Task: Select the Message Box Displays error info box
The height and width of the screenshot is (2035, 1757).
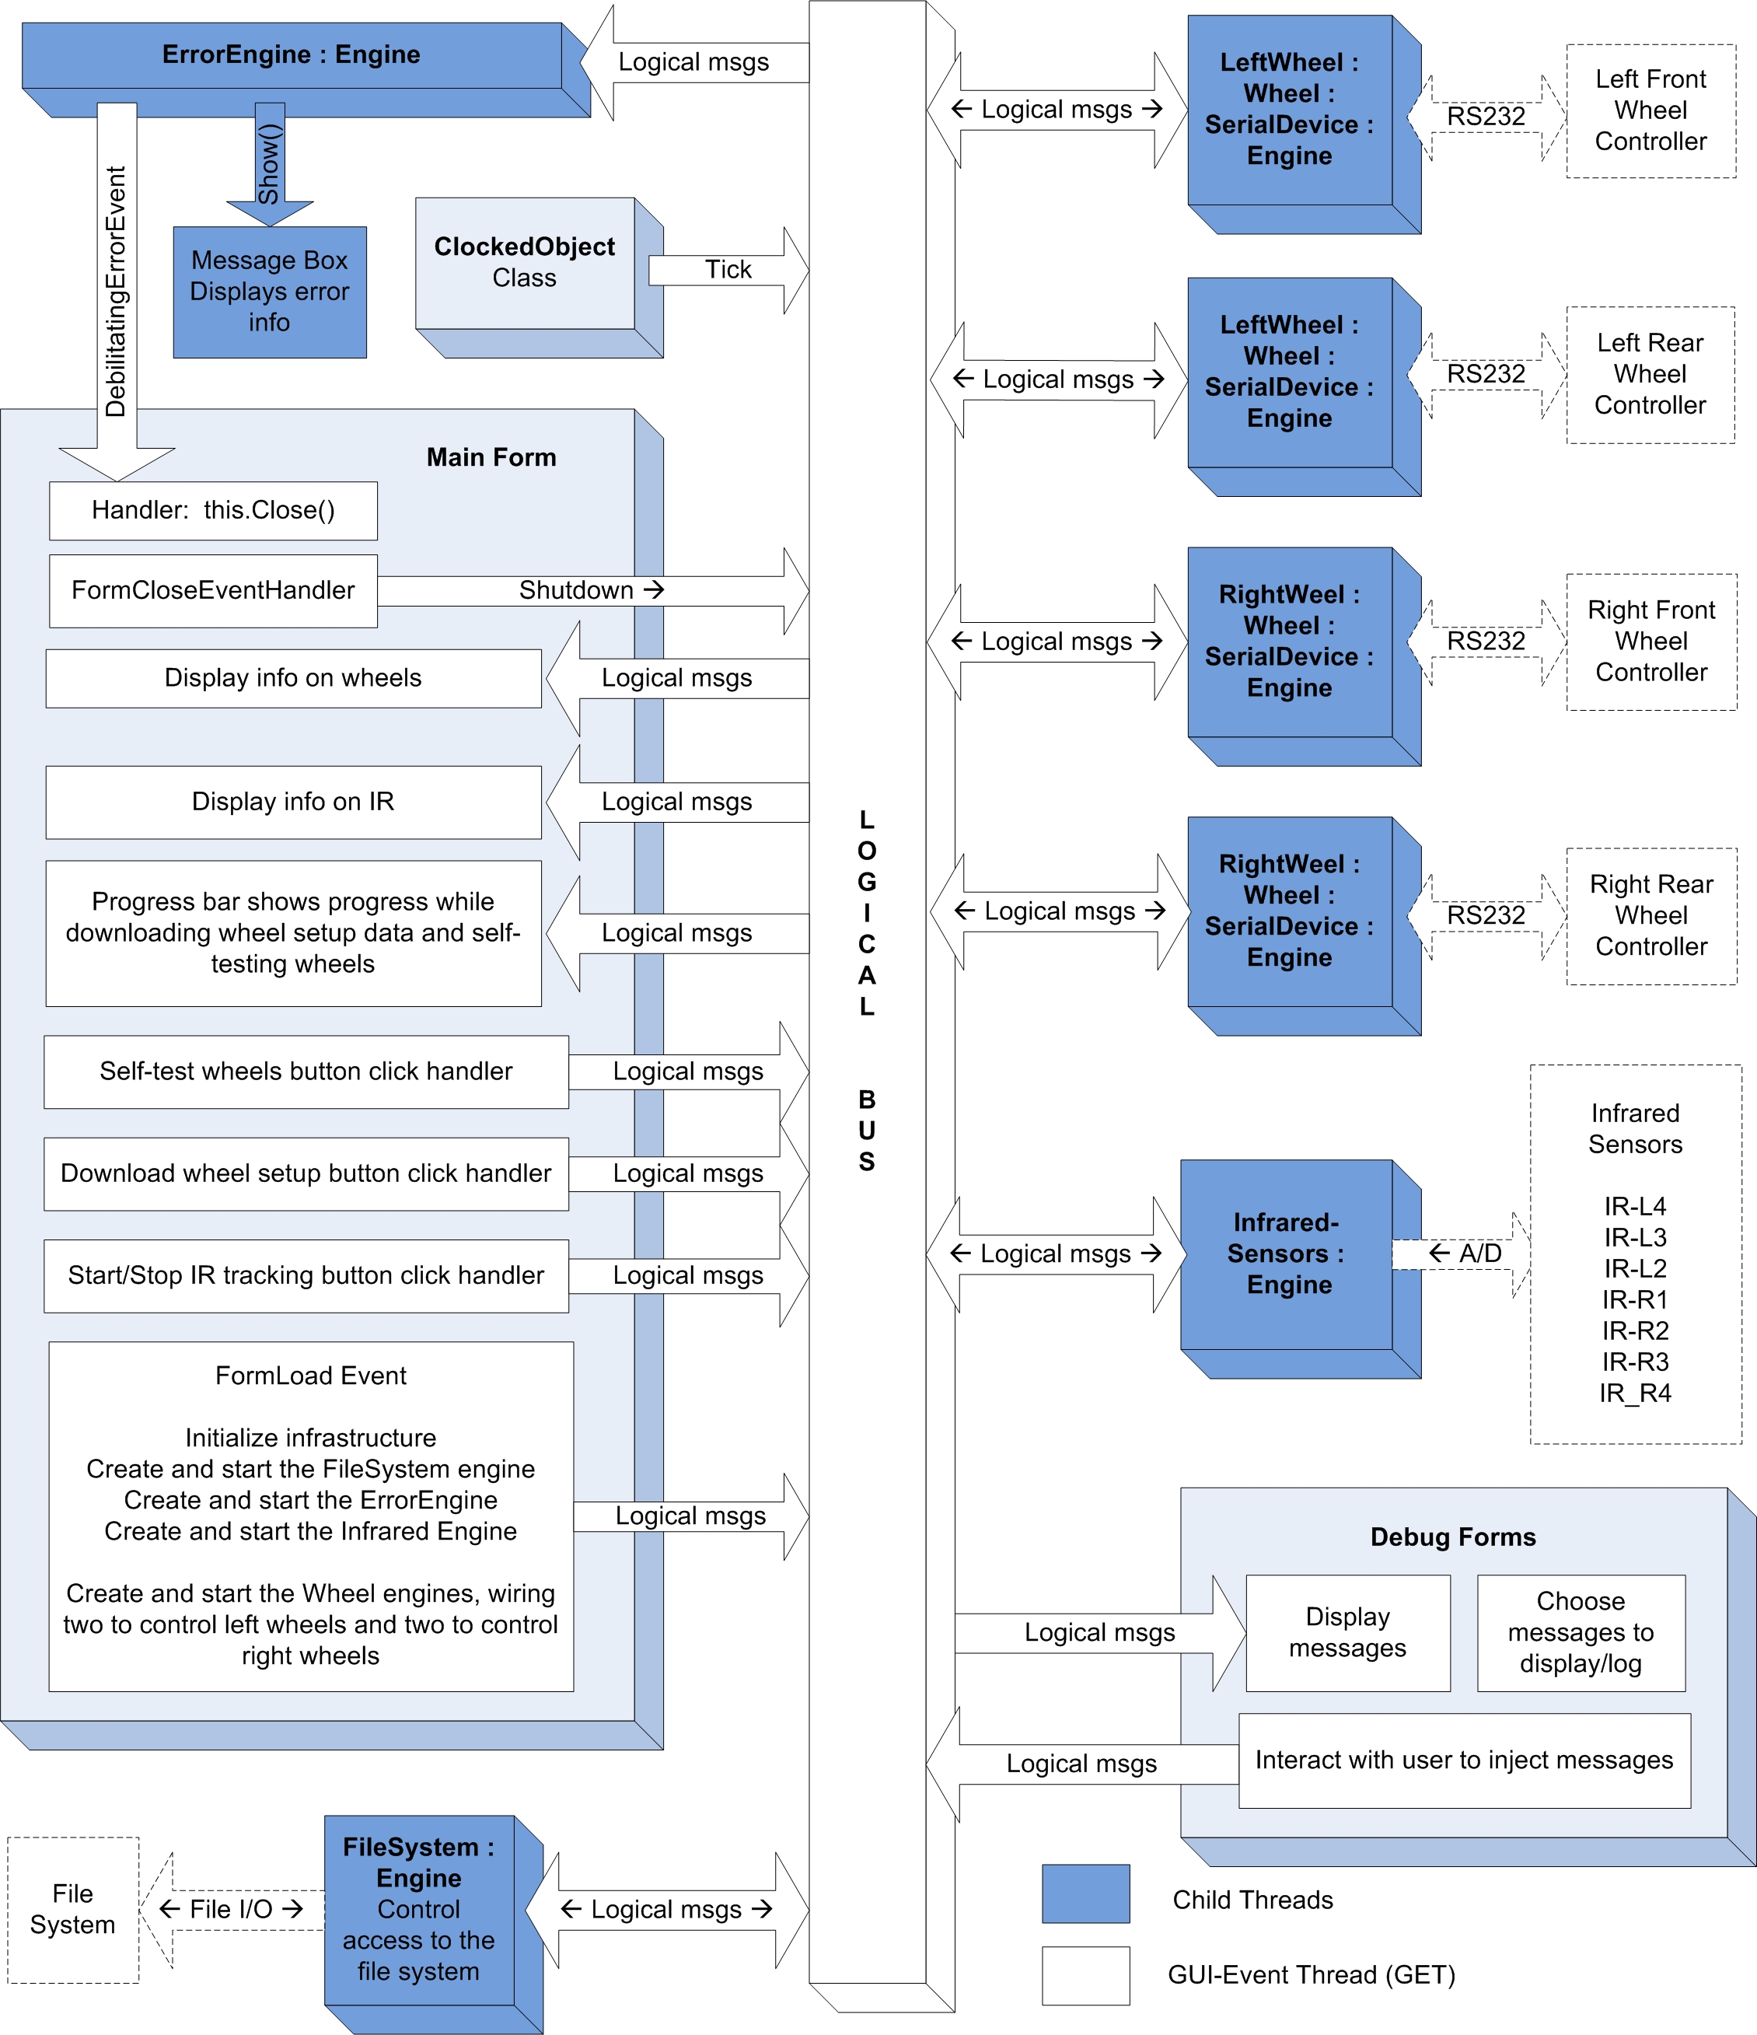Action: coord(270,292)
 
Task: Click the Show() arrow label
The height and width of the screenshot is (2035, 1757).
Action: coord(269,163)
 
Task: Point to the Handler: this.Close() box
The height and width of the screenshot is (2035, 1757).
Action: coord(213,511)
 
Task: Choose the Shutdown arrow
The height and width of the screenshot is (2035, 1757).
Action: coord(593,590)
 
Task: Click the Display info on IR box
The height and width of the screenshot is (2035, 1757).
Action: coord(294,802)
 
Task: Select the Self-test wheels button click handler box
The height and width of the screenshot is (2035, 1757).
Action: coord(306,1072)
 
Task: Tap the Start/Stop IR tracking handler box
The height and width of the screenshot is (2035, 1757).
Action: coord(306,1276)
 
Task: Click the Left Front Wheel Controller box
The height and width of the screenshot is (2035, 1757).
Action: coord(1651,111)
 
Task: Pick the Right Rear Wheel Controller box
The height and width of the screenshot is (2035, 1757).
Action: coord(1651,915)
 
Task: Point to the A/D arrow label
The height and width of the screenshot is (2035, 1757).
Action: coord(1465,1254)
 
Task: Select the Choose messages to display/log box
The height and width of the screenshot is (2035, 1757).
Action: coord(1581,1632)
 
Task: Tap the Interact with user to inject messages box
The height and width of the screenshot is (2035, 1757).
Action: coord(1465,1761)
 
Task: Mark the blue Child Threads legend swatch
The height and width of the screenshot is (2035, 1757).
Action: coord(1085,1893)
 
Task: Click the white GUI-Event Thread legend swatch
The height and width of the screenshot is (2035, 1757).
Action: coord(1085,1975)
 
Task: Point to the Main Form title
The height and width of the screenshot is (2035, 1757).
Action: coord(491,458)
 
